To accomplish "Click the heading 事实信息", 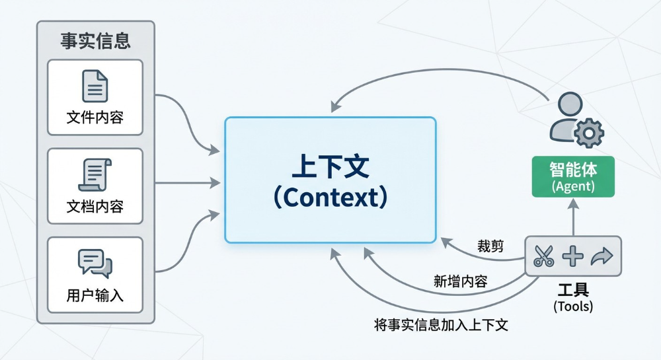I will (x=96, y=41).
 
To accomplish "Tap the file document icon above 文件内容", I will (x=95, y=86).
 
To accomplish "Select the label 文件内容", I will (x=95, y=118).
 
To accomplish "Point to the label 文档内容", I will (x=95, y=207).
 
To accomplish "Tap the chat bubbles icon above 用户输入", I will (x=95, y=263).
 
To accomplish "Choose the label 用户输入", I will (x=95, y=295).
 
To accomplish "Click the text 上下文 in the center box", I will (x=330, y=166).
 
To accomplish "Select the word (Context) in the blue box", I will (x=330, y=197).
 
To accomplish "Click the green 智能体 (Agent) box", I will (x=573, y=176).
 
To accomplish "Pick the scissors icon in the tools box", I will (x=543, y=256).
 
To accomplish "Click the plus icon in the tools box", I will (x=572, y=256).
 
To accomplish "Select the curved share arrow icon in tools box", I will (x=602, y=256).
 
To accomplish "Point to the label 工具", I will (x=573, y=290).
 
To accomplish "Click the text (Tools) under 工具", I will (x=573, y=306).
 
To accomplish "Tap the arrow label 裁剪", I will (x=490, y=246).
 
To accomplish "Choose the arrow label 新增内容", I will (x=461, y=281).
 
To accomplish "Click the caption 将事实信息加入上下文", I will (x=441, y=324).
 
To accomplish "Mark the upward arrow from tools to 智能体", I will (x=573, y=217).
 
